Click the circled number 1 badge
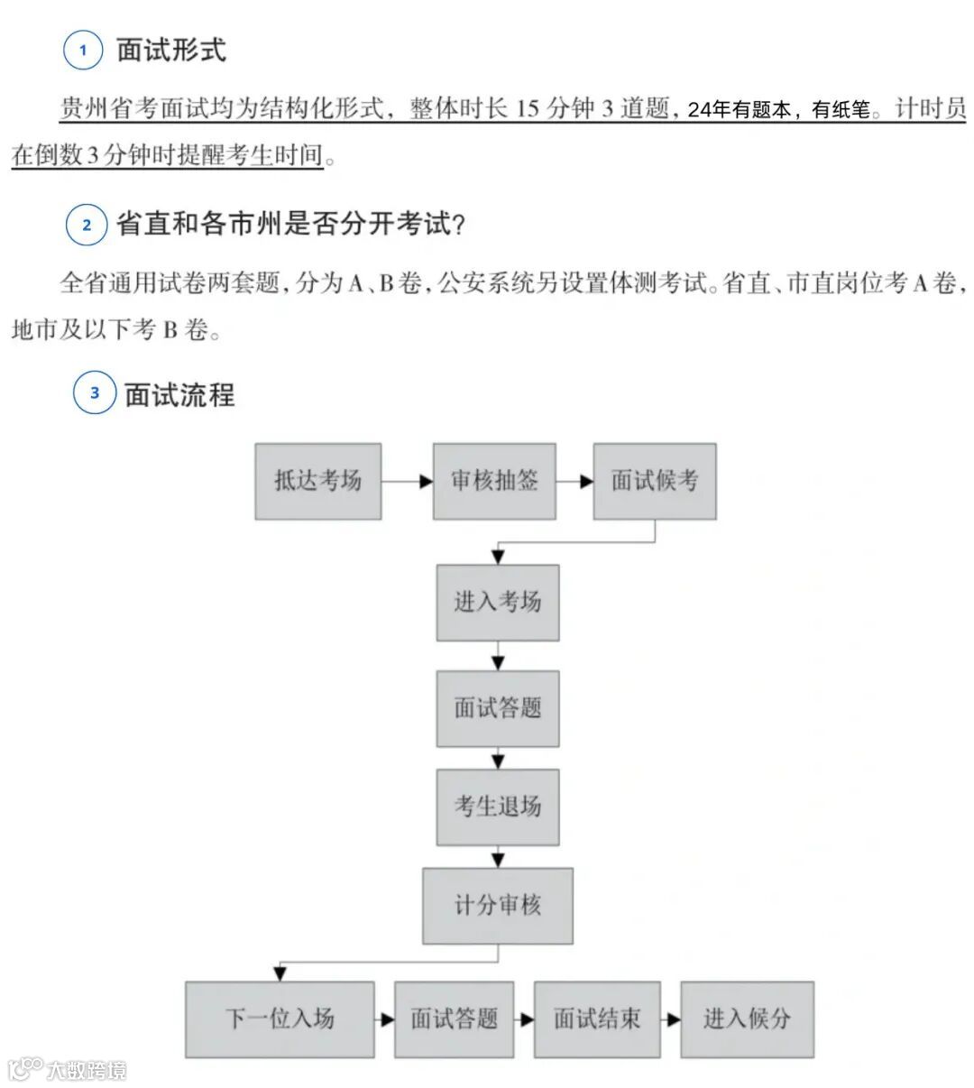[x=84, y=51]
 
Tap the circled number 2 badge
[x=87, y=225]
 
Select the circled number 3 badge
[x=94, y=393]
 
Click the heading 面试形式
[x=171, y=51]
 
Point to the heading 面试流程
[x=179, y=394]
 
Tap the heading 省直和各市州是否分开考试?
[x=290, y=224]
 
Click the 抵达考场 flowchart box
[x=317, y=481]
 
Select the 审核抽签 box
[x=494, y=481]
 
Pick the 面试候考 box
[x=655, y=481]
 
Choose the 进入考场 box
[x=498, y=603]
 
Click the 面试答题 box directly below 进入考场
[x=498, y=708]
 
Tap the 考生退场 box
[x=498, y=807]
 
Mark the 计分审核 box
[x=498, y=906]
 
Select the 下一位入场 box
[x=280, y=1019]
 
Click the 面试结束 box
[x=597, y=1019]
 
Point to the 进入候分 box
[x=747, y=1019]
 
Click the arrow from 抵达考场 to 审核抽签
[x=407, y=482]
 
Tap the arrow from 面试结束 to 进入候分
[x=670, y=1020]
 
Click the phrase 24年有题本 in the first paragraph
[x=739, y=110]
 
